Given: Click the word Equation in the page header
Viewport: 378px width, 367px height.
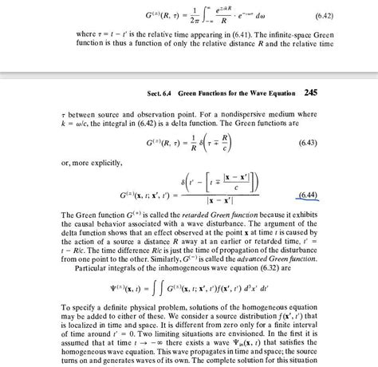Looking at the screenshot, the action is coord(278,93).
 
